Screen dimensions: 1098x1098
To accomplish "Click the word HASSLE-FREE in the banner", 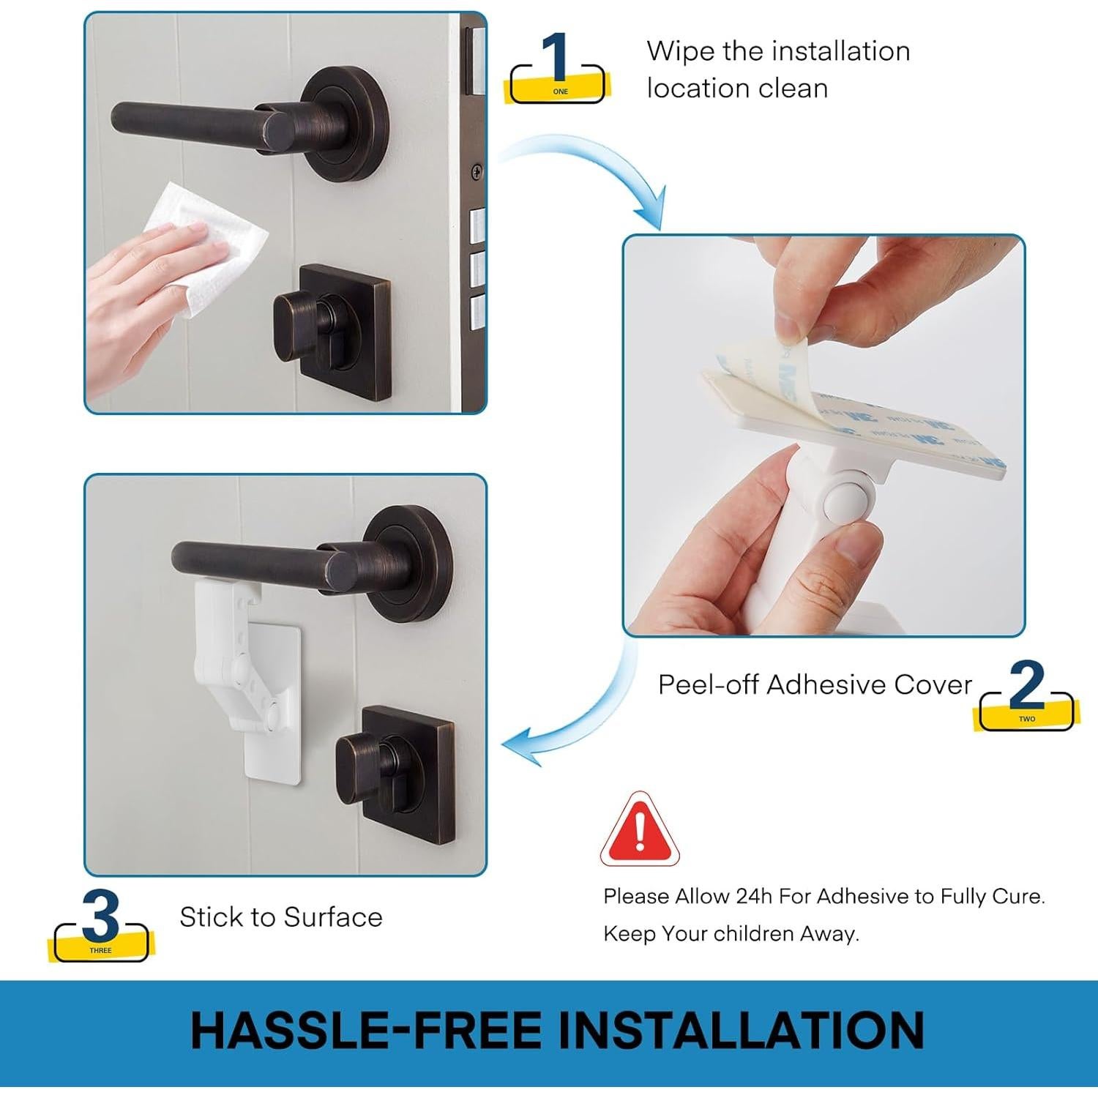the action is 366,1030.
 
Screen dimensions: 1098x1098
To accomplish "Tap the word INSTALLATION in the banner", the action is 741,1030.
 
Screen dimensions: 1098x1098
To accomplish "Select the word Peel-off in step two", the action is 708,684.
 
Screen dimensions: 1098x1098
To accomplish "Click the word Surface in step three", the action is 333,917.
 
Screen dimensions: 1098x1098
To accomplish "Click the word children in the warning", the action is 753,933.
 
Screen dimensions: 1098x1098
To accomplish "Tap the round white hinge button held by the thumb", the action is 845,498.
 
